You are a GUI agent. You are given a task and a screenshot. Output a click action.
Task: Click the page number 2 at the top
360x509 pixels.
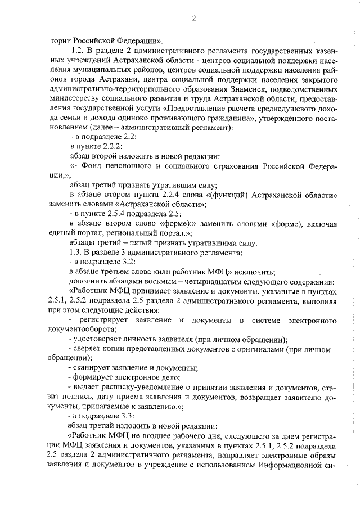click(193, 18)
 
